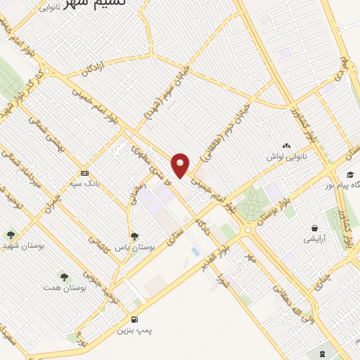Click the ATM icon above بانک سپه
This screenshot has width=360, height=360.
click(85, 173)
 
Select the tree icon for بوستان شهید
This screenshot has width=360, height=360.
click(10, 235)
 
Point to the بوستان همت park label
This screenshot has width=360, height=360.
click(58, 288)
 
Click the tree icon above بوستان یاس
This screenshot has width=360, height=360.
click(134, 237)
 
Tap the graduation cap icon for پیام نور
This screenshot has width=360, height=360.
click(349, 174)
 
